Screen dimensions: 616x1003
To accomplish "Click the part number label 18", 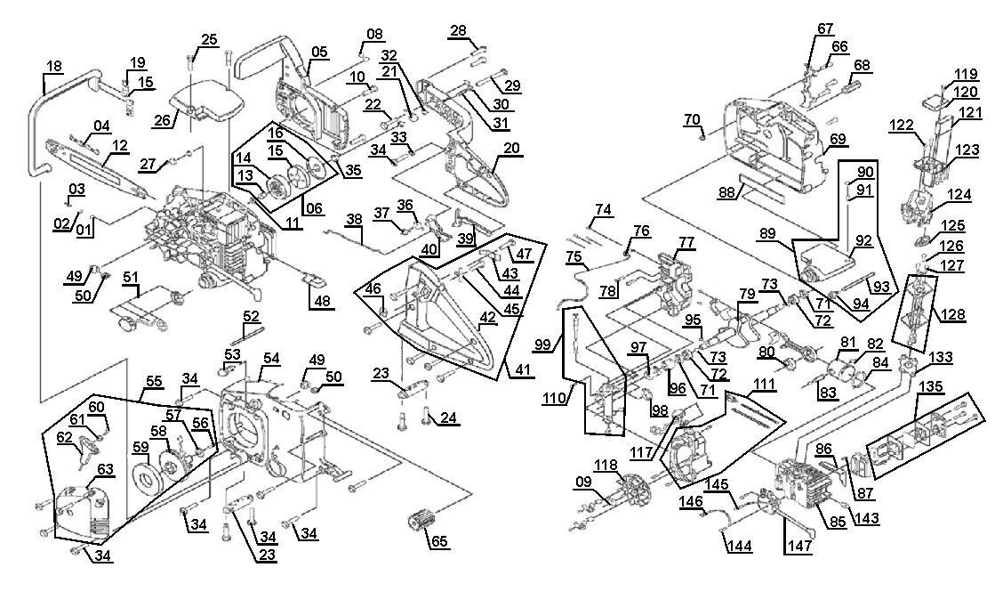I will click(x=54, y=65).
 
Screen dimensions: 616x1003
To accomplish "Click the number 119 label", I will click(x=966, y=74).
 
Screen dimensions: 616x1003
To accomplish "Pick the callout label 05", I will click(x=319, y=52).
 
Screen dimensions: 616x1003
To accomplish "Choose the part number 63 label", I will click(x=106, y=468).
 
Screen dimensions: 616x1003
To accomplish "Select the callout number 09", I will click(x=582, y=483).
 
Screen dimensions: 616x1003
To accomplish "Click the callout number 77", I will click(x=686, y=241).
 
